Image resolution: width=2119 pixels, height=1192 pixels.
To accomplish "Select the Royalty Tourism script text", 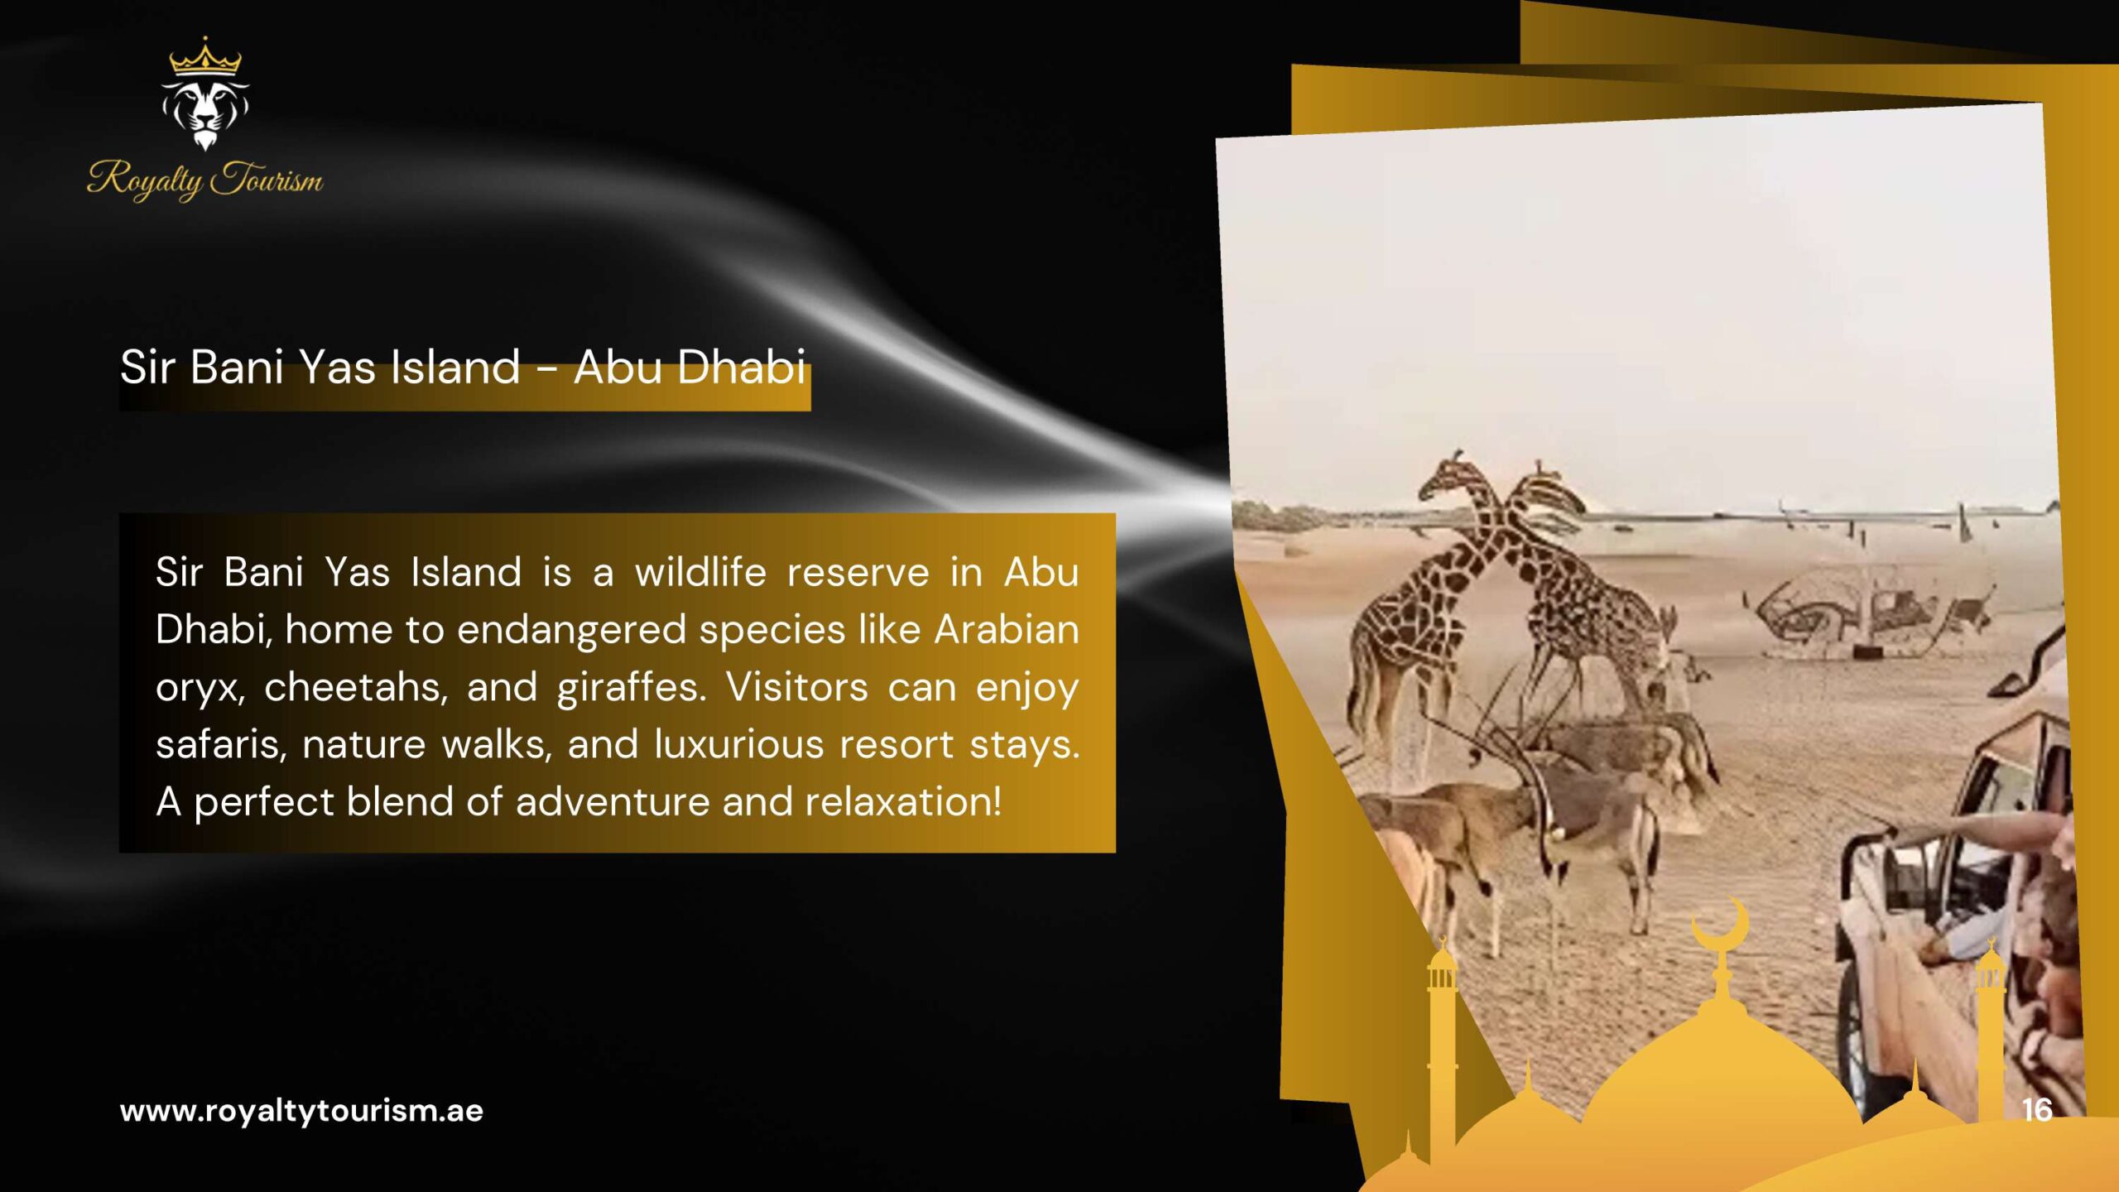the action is click(205, 179).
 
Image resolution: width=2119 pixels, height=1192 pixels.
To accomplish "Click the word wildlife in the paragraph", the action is click(700, 572).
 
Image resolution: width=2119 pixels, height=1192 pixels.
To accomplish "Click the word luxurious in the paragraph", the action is click(739, 744).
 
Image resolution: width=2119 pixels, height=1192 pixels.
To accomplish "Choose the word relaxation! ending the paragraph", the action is click(903, 801).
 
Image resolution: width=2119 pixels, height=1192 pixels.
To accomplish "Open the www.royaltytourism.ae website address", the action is click(301, 1111).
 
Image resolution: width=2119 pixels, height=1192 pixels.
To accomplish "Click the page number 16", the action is click(2037, 1109).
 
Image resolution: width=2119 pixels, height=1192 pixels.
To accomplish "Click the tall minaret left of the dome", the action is click(1442, 1051).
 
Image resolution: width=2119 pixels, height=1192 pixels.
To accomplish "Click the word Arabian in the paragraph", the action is click(1007, 630).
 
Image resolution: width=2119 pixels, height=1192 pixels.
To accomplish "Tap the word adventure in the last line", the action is click(613, 801).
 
